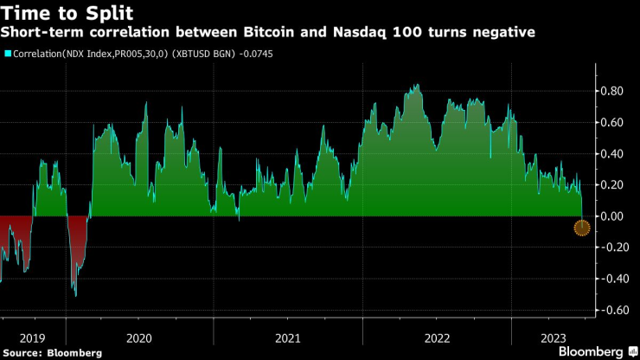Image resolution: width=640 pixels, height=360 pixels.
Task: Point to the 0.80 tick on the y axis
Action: (x=613, y=91)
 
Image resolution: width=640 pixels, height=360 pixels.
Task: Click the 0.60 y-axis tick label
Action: (x=613, y=122)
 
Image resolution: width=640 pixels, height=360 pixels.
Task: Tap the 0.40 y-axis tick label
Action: (x=613, y=154)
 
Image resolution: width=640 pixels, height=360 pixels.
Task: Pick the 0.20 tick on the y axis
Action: (x=613, y=185)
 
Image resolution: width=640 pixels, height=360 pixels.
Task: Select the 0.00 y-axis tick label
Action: (x=613, y=216)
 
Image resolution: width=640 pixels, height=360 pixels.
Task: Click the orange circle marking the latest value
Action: (x=582, y=228)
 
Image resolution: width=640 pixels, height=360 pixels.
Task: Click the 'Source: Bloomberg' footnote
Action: (x=52, y=352)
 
